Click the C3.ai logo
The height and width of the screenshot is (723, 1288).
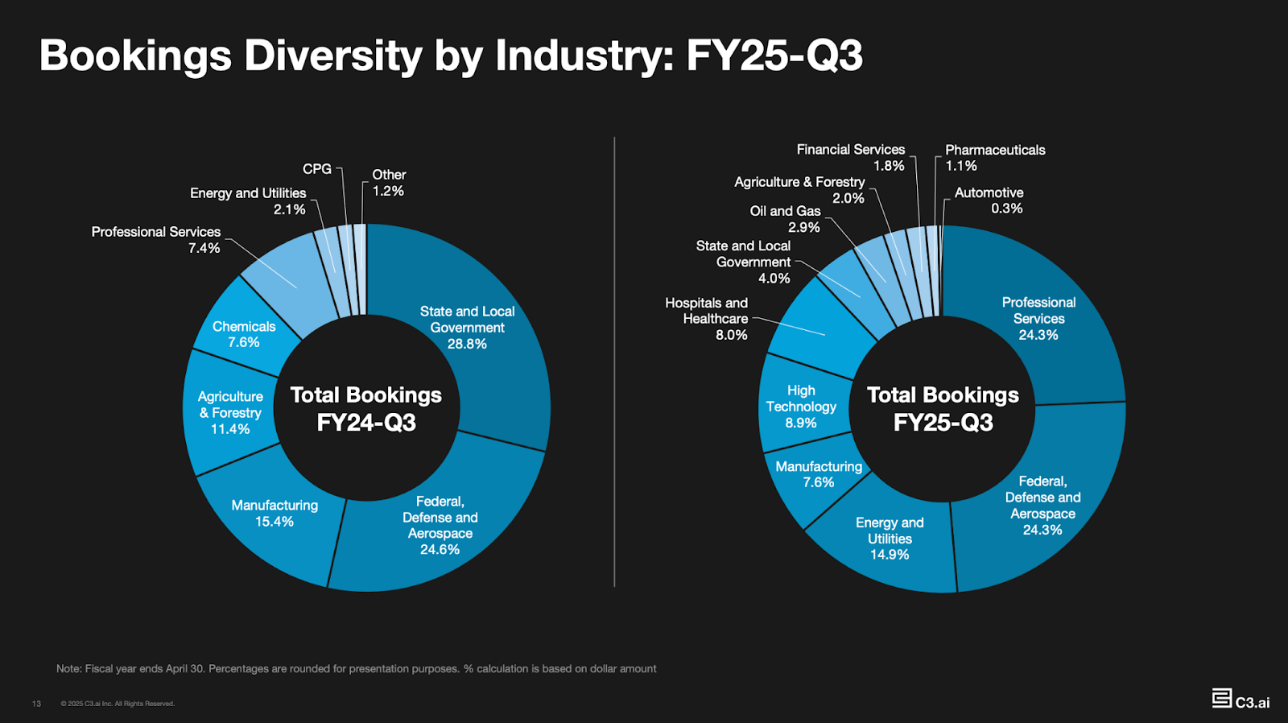pyautogui.click(x=1241, y=699)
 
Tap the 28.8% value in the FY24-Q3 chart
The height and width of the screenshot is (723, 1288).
pyautogui.click(x=467, y=344)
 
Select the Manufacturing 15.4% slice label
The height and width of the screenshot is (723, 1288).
pyautogui.click(x=275, y=514)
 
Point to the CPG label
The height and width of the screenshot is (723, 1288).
pyautogui.click(x=316, y=169)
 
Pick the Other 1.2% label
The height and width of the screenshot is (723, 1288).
pyautogui.click(x=388, y=183)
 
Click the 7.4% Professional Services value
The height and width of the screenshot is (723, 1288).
pyautogui.click(x=204, y=248)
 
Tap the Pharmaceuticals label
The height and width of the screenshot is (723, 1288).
pyautogui.click(x=995, y=150)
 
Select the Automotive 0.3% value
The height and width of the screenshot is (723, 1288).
pyautogui.click(x=1006, y=209)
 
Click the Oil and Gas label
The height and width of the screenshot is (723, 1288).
pyautogui.click(x=785, y=211)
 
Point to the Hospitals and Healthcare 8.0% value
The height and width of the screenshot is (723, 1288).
pyautogui.click(x=731, y=335)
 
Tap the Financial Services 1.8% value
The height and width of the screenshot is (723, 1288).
pyautogui.click(x=889, y=166)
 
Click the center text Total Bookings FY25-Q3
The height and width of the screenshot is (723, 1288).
pyautogui.click(x=943, y=408)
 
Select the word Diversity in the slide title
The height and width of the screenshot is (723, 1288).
pyautogui.click(x=333, y=56)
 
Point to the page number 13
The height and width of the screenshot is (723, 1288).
pyautogui.click(x=36, y=704)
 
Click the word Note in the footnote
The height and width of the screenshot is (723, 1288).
pyautogui.click(x=68, y=668)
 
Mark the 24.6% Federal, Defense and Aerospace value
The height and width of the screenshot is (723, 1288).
pyautogui.click(x=440, y=549)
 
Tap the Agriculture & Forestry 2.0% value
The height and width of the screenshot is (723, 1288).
pyautogui.click(x=848, y=198)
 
